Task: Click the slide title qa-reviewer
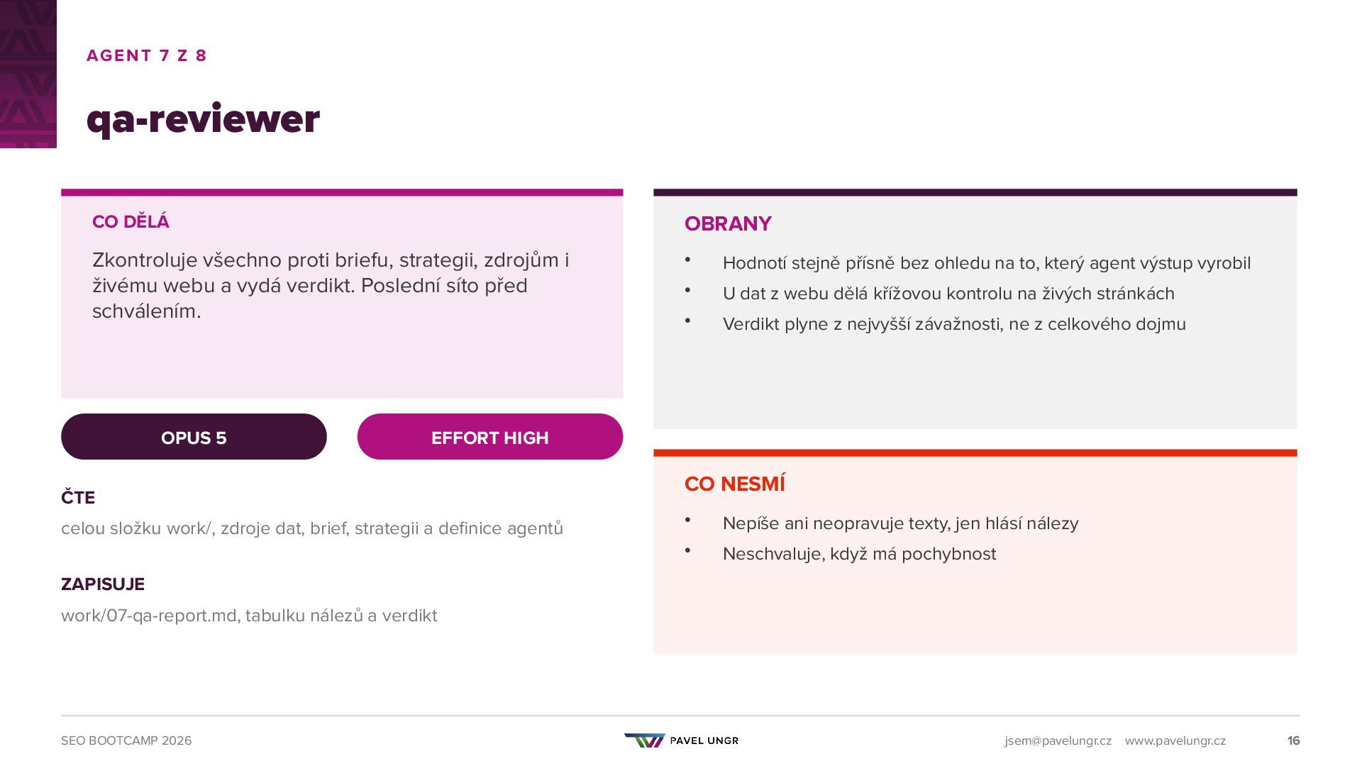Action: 203,119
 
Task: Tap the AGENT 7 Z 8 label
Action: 146,55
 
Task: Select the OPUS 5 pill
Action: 194,437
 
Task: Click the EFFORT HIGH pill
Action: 490,437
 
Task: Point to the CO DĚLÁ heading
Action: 131,221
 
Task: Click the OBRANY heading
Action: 728,224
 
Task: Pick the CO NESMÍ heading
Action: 735,484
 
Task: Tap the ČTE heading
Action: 78,497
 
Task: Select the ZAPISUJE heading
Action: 103,584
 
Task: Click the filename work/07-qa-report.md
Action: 149,616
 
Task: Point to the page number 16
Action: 1293,740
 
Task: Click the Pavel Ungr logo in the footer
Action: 681,740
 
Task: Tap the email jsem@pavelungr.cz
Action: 1058,740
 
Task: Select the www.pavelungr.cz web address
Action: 1175,740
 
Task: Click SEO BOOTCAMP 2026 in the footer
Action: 126,740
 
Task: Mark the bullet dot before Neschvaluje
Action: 687,550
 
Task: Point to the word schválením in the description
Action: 147,311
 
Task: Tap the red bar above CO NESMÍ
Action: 975,453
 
